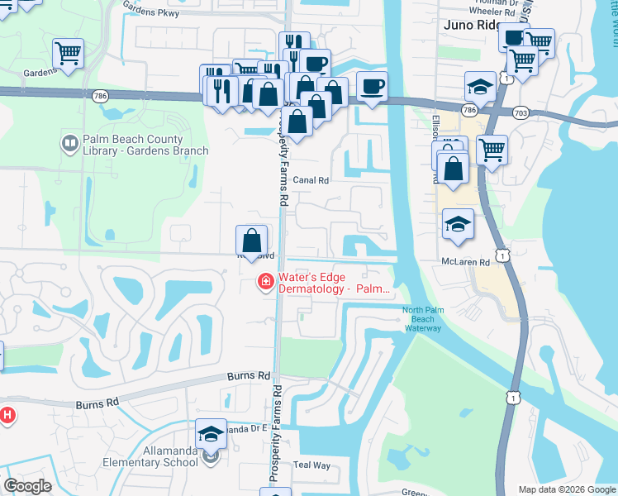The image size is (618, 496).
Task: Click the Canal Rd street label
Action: point(311,180)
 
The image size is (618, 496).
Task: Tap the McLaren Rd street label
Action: point(465,262)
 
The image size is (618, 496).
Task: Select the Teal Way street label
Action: point(311,465)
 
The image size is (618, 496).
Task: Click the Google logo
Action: point(27,486)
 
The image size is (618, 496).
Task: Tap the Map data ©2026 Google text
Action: point(567,489)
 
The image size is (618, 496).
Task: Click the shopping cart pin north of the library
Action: point(69,53)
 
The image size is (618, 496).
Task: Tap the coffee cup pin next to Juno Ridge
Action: point(515,37)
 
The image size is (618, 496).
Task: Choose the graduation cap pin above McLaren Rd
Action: point(458,224)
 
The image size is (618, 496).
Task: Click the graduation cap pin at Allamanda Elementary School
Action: point(212,433)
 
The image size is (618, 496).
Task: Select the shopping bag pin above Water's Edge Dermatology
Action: point(252,241)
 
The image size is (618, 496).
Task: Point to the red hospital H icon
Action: point(7,415)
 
